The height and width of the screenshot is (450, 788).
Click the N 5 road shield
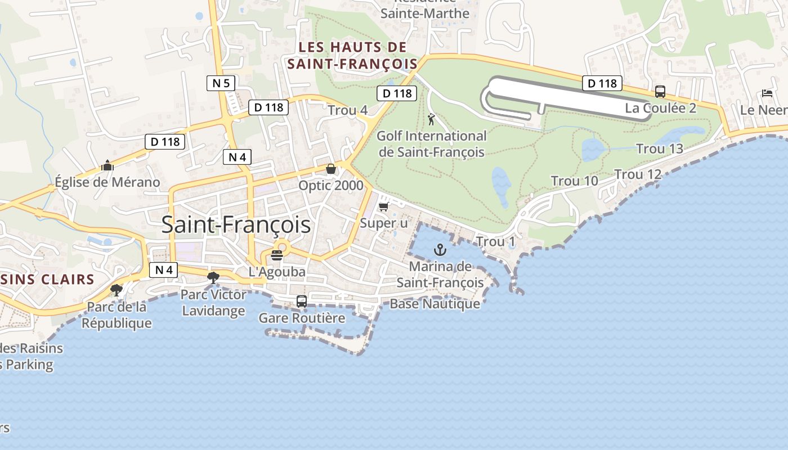(221, 84)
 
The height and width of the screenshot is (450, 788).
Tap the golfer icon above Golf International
(432, 119)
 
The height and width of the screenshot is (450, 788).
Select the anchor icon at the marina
(440, 249)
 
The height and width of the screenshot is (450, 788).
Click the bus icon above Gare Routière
(302, 301)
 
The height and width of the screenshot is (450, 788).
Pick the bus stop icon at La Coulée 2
(660, 92)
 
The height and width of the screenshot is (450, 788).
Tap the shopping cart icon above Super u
(384, 207)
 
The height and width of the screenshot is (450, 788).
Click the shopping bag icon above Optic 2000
(331, 169)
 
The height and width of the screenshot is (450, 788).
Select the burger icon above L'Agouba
(276, 255)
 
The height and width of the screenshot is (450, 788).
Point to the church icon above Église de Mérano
(107, 166)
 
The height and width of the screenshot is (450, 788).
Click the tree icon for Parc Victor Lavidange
(213, 277)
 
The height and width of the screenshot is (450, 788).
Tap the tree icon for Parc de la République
(117, 290)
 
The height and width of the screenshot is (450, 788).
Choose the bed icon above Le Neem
(767, 93)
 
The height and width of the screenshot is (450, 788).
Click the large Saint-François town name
(236, 224)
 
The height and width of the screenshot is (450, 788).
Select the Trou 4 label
(347, 110)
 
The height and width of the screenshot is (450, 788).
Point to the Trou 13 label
(659, 148)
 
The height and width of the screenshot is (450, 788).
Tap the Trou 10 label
(574, 181)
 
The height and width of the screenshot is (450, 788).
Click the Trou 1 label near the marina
(495, 242)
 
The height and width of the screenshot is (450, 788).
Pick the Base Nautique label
(435, 304)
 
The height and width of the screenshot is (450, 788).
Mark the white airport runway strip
(568, 96)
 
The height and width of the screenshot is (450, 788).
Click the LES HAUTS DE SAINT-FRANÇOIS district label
(352, 55)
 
